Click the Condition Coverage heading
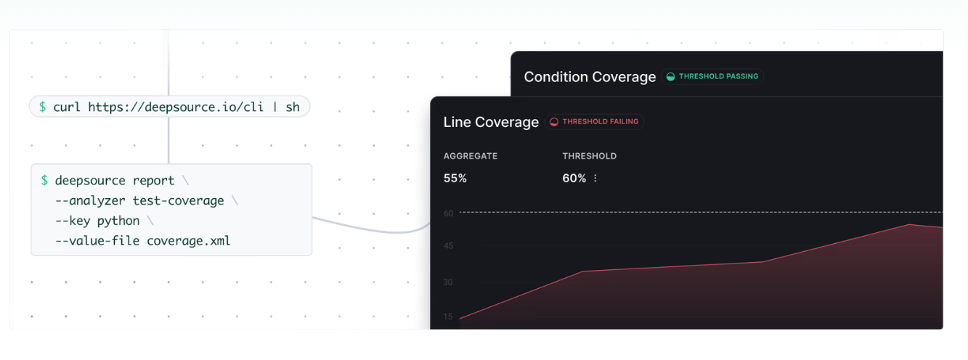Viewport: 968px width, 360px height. click(x=590, y=77)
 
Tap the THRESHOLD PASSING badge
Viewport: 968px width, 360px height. click(x=712, y=76)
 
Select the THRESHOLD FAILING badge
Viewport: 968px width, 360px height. click(x=594, y=122)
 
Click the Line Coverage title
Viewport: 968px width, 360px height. click(x=491, y=123)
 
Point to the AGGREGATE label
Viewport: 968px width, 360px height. click(x=470, y=156)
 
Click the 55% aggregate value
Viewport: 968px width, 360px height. click(x=455, y=178)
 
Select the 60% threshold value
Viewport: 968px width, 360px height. click(x=574, y=178)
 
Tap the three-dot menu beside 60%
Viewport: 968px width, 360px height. click(x=595, y=178)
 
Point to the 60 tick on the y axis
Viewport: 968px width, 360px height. click(x=448, y=213)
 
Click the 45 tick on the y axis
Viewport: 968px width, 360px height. click(x=448, y=246)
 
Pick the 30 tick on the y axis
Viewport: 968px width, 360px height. click(x=448, y=282)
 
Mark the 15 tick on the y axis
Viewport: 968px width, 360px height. click(x=448, y=316)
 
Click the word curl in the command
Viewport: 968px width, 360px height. click(x=67, y=107)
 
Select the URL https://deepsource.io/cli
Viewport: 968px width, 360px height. click(x=176, y=107)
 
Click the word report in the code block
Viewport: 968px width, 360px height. click(x=153, y=181)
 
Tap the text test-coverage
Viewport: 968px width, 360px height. click(x=178, y=200)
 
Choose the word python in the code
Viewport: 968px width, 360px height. click(x=118, y=221)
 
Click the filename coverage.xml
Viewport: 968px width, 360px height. click(x=188, y=241)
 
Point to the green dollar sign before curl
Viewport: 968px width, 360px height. click(x=42, y=107)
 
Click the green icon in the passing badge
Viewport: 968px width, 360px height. click(x=670, y=76)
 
